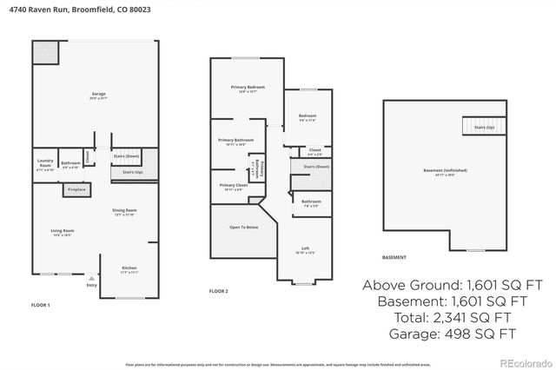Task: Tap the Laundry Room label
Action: [x=46, y=161]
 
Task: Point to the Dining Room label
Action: [x=124, y=210]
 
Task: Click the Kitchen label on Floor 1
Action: [x=128, y=268]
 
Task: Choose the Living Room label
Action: [x=62, y=230]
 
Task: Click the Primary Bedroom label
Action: [x=247, y=88]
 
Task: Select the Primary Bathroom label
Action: [x=236, y=140]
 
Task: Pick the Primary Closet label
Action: [x=234, y=185]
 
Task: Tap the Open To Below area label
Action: [x=243, y=227]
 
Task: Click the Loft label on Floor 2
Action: [x=305, y=249]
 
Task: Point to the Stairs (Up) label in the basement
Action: [x=484, y=128]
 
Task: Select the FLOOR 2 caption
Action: [x=219, y=291]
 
